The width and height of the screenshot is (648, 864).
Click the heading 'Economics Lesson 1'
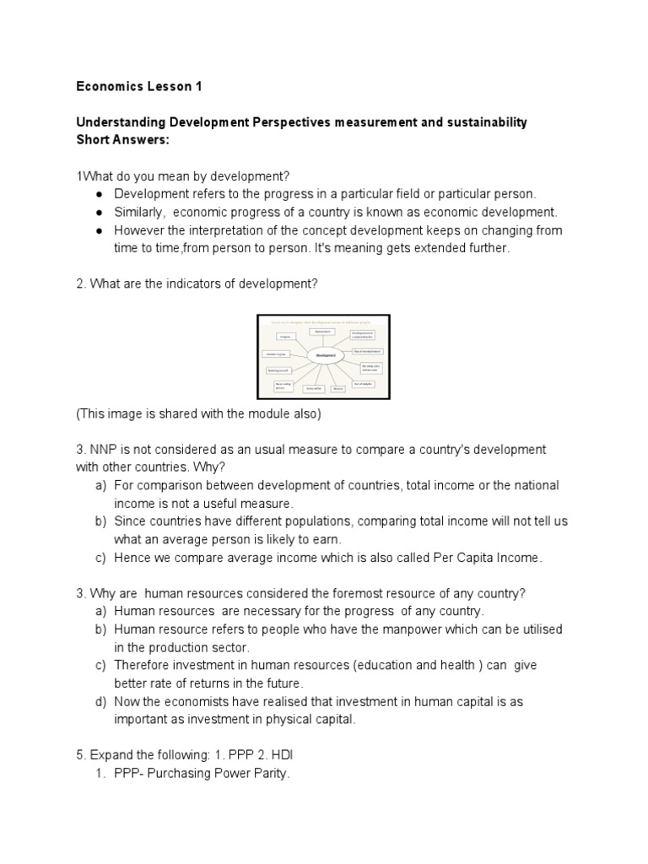pos(139,86)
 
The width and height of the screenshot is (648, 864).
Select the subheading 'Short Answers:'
pos(122,139)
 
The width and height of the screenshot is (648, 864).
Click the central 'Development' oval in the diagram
pos(325,356)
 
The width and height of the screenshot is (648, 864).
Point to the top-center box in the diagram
pos(323,332)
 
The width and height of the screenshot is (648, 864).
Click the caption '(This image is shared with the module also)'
pos(198,413)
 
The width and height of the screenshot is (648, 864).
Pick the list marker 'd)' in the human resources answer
pos(101,702)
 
